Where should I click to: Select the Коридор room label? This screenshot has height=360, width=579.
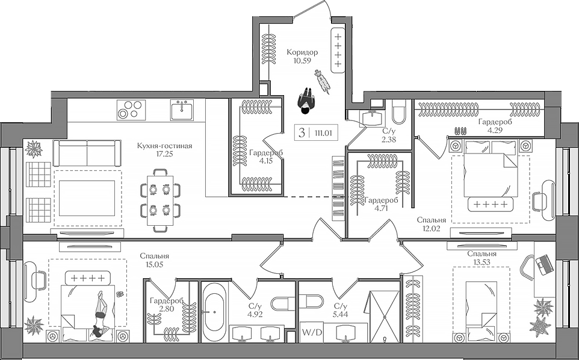click(302, 52)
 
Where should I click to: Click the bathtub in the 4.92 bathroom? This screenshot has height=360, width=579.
click(214, 312)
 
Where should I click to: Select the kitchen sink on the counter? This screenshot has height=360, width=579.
click(181, 111)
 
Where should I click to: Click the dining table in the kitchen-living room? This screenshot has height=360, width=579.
click(160, 199)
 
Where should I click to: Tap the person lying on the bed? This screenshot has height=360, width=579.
click(99, 313)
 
